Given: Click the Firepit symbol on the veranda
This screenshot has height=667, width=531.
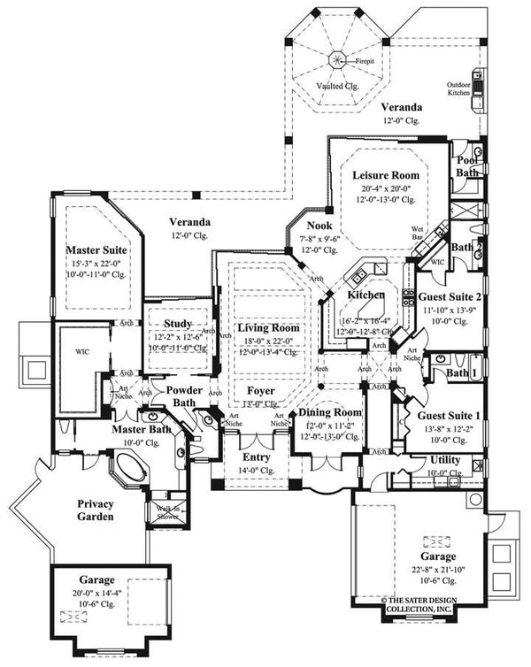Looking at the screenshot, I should coord(338,60).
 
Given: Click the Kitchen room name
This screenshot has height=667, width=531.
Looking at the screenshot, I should coord(366,295).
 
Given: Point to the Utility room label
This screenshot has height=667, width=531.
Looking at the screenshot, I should coord(445,461).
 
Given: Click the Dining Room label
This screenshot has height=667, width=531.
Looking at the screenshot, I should coord(329,413).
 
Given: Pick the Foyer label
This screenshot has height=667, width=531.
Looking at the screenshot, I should coord(260,390).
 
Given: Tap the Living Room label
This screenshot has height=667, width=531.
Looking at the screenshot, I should coord(267,327).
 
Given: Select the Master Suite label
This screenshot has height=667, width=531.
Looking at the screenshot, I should coord(97,252).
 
